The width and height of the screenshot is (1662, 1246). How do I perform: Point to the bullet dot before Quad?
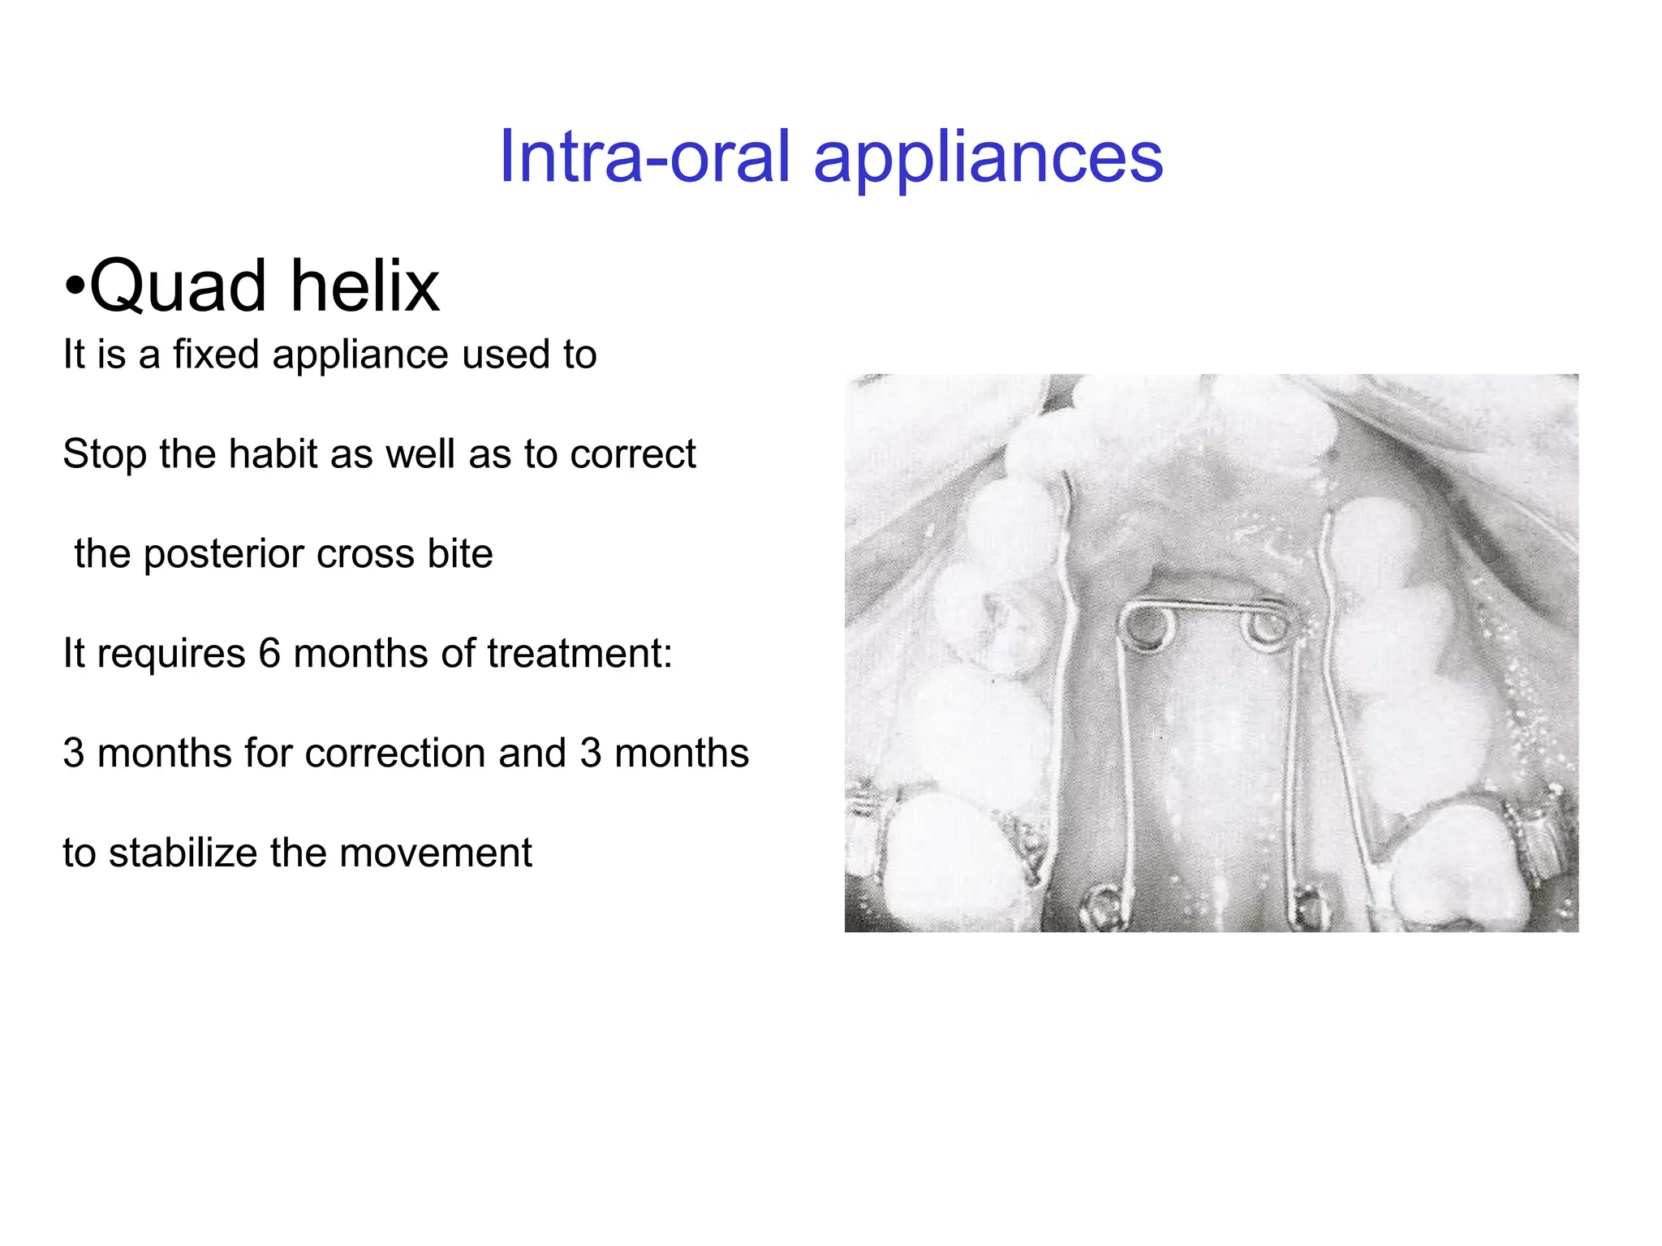point(75,287)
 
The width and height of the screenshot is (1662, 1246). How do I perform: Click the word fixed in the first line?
point(216,354)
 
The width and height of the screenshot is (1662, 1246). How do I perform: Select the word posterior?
point(224,555)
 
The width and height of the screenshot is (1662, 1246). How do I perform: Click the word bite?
point(459,554)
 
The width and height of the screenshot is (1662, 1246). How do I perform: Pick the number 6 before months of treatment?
point(269,654)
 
